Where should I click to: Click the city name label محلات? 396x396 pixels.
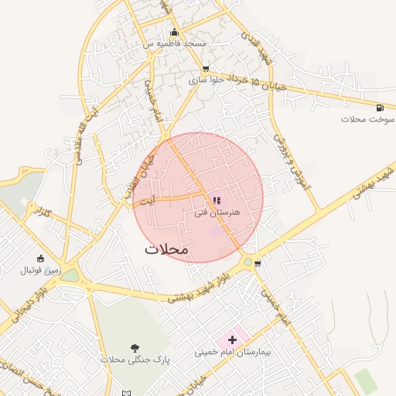tap(166, 250)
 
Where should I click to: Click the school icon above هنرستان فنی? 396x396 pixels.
tap(216, 200)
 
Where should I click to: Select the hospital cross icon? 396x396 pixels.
tap(232, 340)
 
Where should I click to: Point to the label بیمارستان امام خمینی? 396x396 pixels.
tap(233, 353)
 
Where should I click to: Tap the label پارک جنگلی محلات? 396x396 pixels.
tap(135, 360)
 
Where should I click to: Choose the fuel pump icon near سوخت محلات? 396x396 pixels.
tap(379, 108)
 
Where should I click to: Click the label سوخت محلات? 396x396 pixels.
tap(367, 120)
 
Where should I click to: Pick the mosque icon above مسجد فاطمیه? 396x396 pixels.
tap(174, 32)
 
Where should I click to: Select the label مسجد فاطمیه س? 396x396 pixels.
tap(174, 44)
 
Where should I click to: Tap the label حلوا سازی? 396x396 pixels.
tap(206, 80)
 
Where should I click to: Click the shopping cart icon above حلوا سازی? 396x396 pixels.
tap(205, 69)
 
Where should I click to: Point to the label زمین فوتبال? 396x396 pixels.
tap(41, 271)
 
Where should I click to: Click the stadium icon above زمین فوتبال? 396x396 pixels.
tap(40, 258)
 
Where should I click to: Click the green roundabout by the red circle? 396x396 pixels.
tap(247, 262)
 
